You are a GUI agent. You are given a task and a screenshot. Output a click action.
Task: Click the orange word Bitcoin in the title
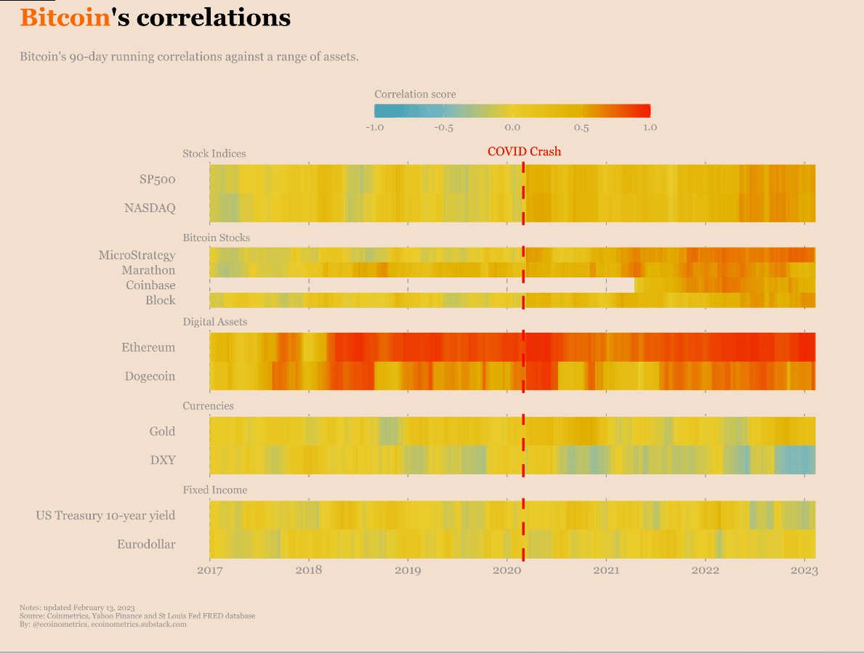pos(65,17)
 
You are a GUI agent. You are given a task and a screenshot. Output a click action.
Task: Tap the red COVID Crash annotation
pos(524,151)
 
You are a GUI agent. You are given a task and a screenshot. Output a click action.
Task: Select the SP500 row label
pos(157,179)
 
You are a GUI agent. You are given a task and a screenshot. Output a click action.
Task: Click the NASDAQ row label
pos(150,208)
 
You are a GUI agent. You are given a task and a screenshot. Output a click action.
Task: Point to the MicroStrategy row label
pos(137,255)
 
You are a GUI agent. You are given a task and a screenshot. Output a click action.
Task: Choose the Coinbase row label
pos(150,285)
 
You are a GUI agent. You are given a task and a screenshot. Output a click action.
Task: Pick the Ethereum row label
pos(148,347)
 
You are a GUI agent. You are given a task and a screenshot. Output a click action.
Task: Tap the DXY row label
pos(162,460)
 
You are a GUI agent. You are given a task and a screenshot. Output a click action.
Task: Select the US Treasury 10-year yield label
pos(105,515)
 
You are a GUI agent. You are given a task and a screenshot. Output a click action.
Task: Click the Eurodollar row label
pos(146,544)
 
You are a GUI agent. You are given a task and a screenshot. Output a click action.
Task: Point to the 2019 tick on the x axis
pos(408,570)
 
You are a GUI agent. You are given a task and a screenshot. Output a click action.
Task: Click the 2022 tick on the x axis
pos(705,570)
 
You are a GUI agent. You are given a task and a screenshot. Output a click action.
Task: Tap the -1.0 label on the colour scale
pos(374,128)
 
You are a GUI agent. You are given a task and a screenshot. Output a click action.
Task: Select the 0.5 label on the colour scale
pos(581,128)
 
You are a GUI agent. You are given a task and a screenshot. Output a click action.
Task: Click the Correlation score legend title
pos(415,94)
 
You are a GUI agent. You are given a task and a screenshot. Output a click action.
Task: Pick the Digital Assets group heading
pos(214,322)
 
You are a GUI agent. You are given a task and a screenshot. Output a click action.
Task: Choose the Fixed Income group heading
pos(214,490)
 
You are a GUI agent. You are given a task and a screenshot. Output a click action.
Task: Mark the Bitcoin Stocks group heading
pos(216,238)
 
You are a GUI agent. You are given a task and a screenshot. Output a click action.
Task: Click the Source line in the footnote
pos(137,616)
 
